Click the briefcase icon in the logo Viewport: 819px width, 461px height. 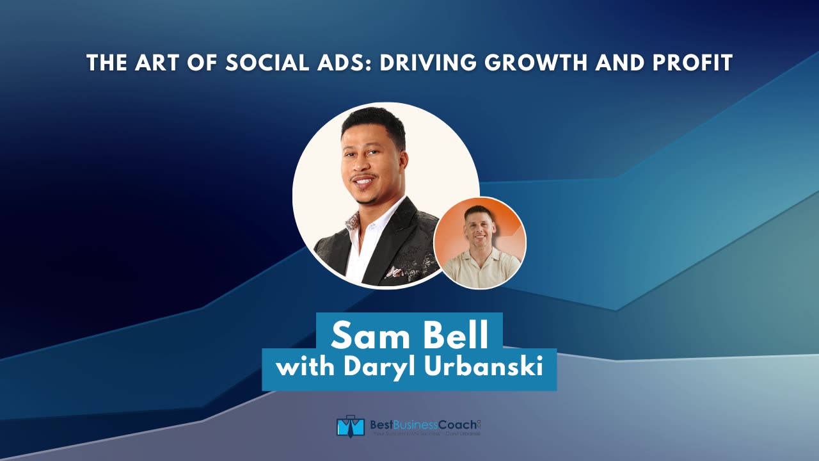[350, 426]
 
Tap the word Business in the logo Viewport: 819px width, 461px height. [419, 424]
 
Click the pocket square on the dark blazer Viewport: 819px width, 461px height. [396, 271]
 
